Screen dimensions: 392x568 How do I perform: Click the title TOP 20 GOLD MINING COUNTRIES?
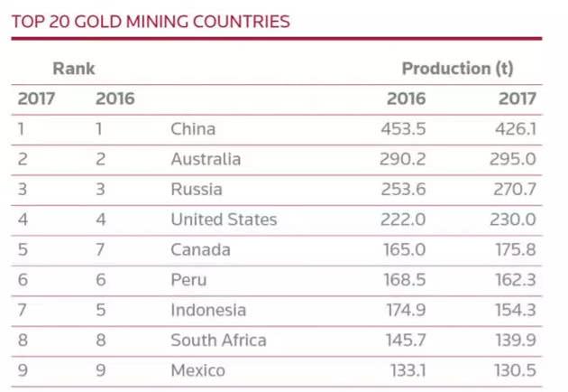(151, 21)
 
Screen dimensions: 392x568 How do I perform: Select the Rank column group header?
(74, 69)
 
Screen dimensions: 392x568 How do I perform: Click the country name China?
(193, 129)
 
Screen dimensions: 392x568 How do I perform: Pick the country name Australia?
(206, 160)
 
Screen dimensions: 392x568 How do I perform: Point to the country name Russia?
(197, 190)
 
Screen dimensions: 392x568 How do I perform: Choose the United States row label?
(224, 219)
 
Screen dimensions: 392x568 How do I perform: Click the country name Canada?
(200, 250)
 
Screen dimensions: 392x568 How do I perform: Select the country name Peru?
(188, 280)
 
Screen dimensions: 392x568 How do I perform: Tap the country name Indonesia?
(208, 310)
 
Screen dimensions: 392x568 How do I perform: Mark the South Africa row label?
(218, 341)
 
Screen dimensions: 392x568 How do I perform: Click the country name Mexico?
(197, 370)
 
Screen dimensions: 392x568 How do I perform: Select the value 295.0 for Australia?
(517, 160)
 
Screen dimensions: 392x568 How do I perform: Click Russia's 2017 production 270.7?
(517, 190)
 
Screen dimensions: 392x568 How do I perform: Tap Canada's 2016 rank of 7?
(101, 250)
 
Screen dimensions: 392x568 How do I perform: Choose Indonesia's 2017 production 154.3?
(517, 310)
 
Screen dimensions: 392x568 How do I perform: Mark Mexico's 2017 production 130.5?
(517, 370)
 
